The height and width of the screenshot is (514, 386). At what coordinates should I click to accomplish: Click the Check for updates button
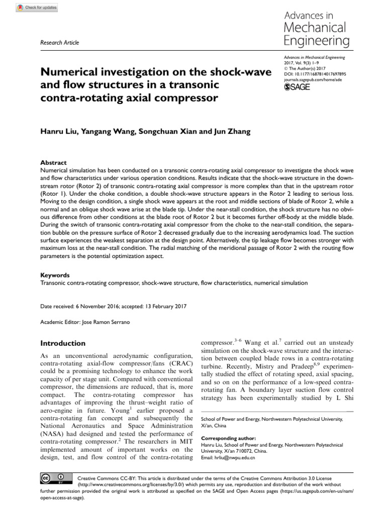coord(37,8)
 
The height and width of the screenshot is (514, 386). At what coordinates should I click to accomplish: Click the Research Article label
coord(59,43)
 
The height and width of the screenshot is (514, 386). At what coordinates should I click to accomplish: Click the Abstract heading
coord(53,163)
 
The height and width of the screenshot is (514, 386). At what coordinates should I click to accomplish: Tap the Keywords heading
coord(55,276)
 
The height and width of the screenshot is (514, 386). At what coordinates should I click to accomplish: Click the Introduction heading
coord(62,343)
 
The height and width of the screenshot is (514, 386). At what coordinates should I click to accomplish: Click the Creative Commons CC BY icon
coord(52,477)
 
